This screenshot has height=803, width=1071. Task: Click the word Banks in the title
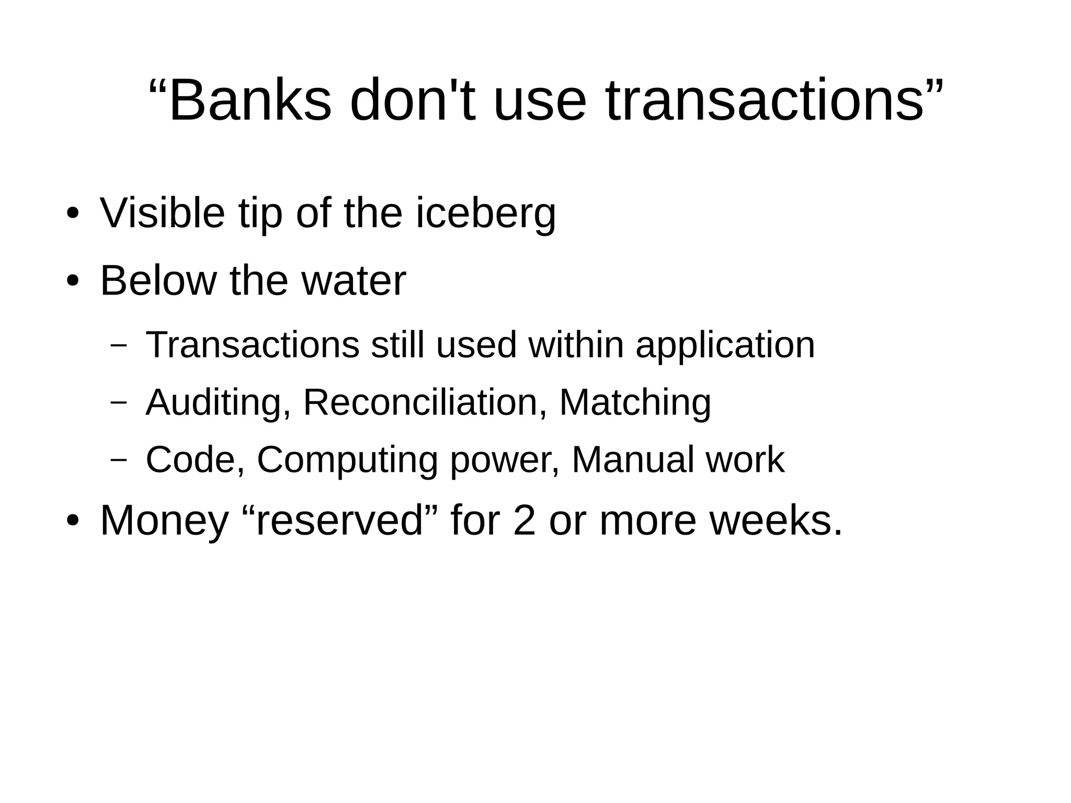(x=250, y=100)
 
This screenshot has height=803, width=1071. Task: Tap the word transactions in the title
(x=765, y=100)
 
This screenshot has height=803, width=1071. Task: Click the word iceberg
(x=486, y=213)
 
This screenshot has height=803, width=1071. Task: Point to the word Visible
(x=162, y=213)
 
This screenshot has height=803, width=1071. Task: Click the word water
(x=354, y=281)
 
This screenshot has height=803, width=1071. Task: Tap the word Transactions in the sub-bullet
(x=253, y=345)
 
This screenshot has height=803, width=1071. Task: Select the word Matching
(x=635, y=403)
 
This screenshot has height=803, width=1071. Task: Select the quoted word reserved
(x=339, y=521)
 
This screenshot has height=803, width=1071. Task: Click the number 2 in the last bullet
(x=525, y=521)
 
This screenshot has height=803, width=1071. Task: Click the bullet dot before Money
(x=72, y=522)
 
